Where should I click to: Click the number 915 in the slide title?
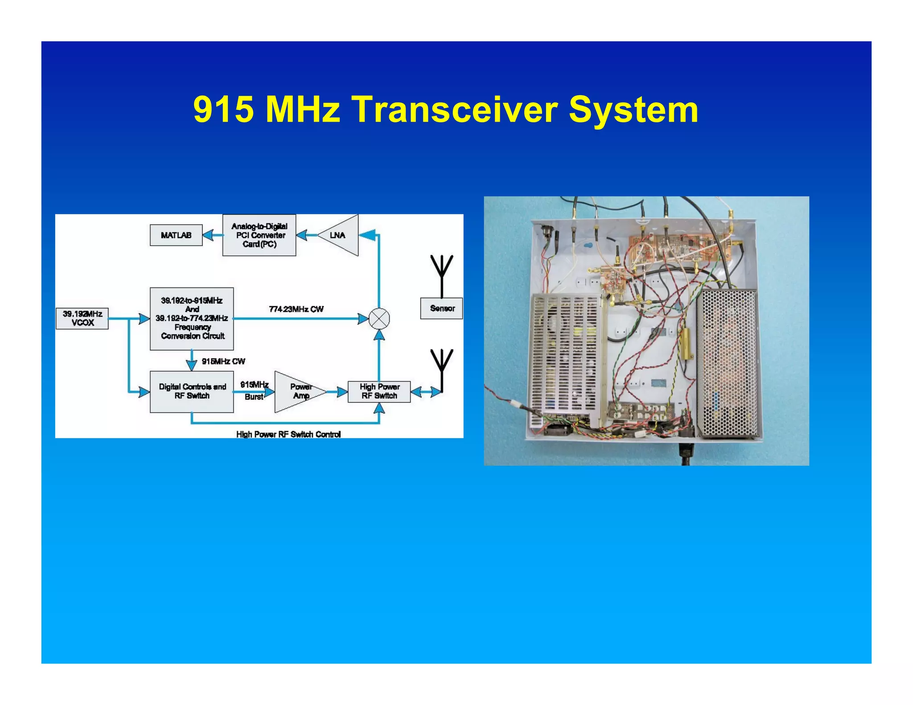(x=224, y=110)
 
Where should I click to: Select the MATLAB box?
(x=176, y=235)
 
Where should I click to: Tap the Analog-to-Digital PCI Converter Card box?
(x=259, y=235)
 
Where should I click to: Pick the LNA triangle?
(x=341, y=235)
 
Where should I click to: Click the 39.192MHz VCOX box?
(x=82, y=318)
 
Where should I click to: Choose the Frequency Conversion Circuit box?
(x=192, y=318)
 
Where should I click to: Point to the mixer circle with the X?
(x=379, y=319)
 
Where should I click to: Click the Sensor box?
(x=441, y=308)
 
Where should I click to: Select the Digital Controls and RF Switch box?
(x=192, y=391)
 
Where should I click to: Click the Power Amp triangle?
(x=297, y=392)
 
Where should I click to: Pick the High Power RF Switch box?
(x=379, y=392)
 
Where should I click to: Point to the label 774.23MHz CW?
(x=296, y=309)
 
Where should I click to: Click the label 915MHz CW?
(x=223, y=361)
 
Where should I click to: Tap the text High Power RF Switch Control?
(x=288, y=434)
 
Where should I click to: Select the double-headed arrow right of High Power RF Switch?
(x=425, y=392)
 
